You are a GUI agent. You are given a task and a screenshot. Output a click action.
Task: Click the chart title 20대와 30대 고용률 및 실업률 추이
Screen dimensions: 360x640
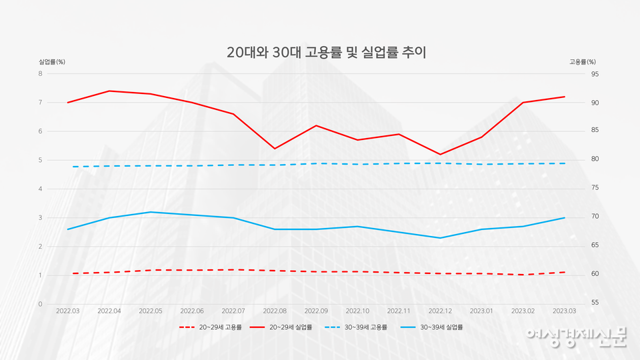(x=326, y=53)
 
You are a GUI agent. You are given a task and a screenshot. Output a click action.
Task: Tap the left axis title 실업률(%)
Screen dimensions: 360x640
(x=52, y=62)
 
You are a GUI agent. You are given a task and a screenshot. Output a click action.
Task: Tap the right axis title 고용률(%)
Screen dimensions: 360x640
(x=582, y=62)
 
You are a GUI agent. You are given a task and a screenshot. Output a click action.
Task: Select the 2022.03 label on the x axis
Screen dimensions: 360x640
(x=68, y=311)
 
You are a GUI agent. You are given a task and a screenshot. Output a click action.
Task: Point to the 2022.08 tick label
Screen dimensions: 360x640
(x=275, y=311)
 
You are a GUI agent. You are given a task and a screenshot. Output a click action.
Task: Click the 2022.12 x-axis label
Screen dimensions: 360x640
(x=440, y=311)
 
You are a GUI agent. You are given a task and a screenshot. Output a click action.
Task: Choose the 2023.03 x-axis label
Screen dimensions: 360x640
(x=565, y=311)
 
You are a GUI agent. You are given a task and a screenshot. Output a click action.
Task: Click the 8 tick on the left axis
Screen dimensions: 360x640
(x=40, y=73)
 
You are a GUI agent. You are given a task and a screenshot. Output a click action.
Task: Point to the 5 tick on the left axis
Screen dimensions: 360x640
(x=40, y=160)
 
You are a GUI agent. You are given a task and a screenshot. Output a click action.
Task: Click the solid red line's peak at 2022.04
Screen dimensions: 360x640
(x=109, y=91)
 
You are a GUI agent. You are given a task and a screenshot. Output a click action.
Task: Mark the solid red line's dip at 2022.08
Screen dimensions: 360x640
(x=275, y=149)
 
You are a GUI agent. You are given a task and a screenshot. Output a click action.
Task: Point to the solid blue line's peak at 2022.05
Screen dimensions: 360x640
(x=151, y=212)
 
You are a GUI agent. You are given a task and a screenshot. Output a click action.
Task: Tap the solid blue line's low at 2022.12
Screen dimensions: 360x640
(x=440, y=238)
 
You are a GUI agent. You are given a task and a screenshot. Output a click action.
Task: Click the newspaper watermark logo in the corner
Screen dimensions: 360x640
(x=576, y=337)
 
